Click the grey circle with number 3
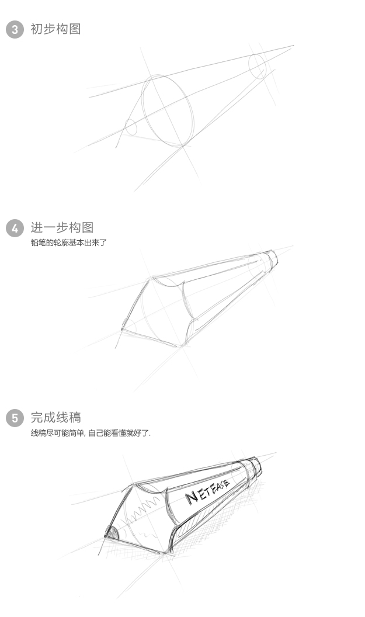(x=15, y=30)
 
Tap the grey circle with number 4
(x=15, y=228)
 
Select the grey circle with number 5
(x=15, y=418)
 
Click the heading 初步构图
(x=56, y=29)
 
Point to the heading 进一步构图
(x=62, y=227)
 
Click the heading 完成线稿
(x=56, y=417)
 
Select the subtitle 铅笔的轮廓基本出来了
(x=69, y=242)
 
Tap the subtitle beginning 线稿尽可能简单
(x=91, y=433)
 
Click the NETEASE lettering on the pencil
(x=207, y=491)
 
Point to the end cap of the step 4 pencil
(x=269, y=261)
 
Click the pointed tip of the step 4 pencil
(x=123, y=328)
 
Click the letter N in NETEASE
(x=192, y=498)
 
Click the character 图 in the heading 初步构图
(x=75, y=29)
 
